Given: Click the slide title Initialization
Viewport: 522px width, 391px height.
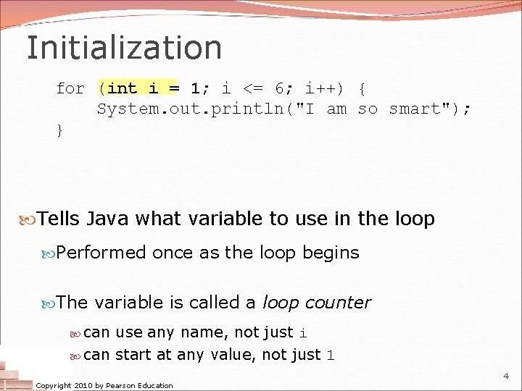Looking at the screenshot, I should (x=124, y=48).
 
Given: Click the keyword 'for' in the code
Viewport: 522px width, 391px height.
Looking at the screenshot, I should (x=70, y=88).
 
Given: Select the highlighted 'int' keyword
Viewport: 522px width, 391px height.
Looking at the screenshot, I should (x=123, y=88).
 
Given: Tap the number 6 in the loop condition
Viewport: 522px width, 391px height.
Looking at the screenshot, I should (x=279, y=88).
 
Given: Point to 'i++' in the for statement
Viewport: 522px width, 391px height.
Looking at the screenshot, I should (x=319, y=88).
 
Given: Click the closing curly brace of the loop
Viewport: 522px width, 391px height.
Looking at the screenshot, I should (x=60, y=130).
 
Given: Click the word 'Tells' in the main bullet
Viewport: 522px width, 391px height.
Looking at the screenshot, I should (x=59, y=219).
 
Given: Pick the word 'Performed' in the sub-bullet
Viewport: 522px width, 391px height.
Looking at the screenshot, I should (x=101, y=253).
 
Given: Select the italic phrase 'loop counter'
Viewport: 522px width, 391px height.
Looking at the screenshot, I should (x=316, y=303).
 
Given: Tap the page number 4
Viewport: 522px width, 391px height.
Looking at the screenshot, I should (x=506, y=376).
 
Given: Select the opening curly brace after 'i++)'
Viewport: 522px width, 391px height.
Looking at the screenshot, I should (x=362, y=88).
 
